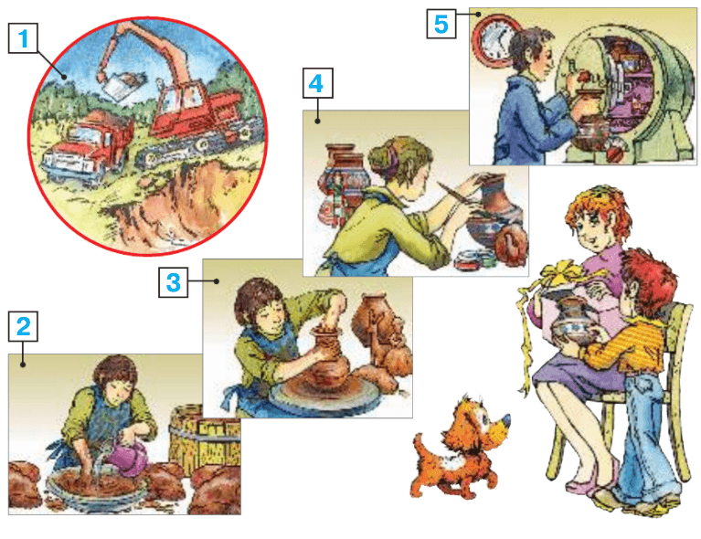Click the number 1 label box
(23, 38)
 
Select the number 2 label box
(23, 326)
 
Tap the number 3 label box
(173, 282)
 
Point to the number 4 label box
(317, 83)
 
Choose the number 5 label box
(441, 24)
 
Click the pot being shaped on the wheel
(330, 357)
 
